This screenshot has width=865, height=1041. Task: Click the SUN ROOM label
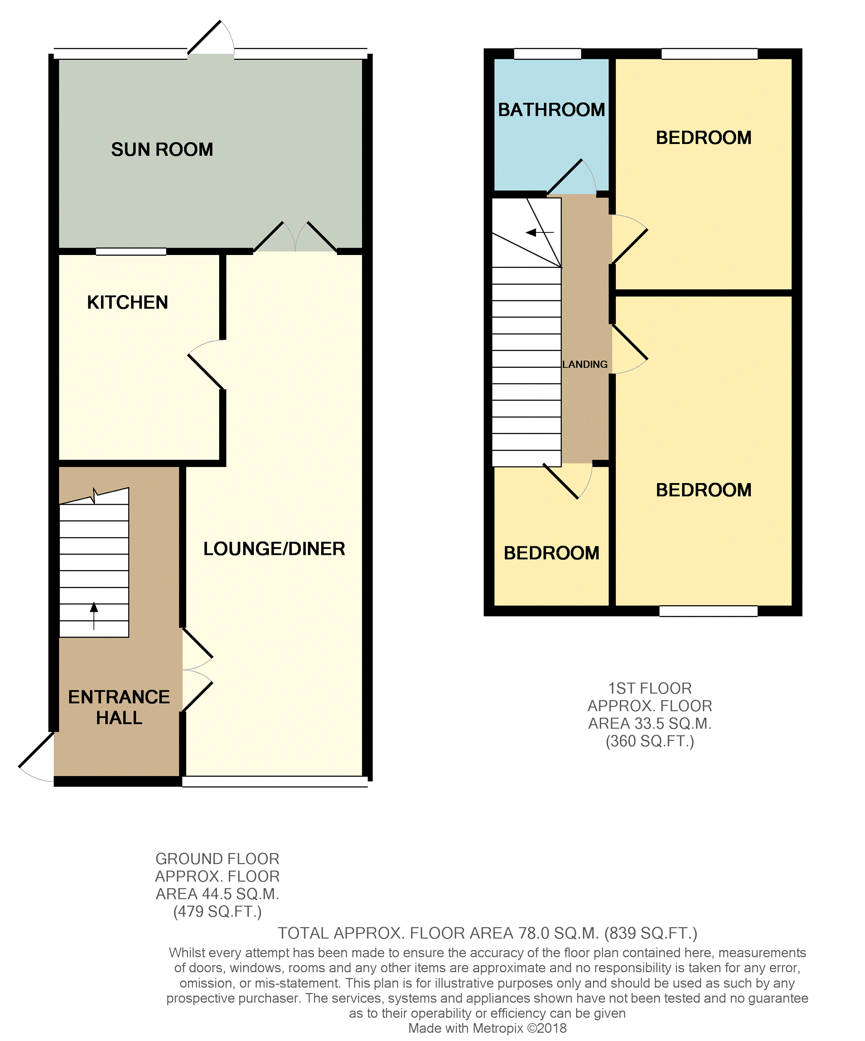[x=162, y=149]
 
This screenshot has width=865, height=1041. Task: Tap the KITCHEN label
[x=127, y=302]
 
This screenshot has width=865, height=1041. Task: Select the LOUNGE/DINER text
[x=274, y=549]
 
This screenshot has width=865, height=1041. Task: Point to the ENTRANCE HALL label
[x=119, y=707]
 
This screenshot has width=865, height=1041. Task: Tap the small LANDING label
[x=585, y=364]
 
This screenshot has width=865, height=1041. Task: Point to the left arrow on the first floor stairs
[x=540, y=232]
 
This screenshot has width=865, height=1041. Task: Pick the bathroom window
[x=547, y=53]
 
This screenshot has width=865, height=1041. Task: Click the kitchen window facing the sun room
[x=131, y=252]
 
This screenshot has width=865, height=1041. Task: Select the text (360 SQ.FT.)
[x=650, y=741]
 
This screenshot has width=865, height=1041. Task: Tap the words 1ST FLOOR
[x=650, y=688]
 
